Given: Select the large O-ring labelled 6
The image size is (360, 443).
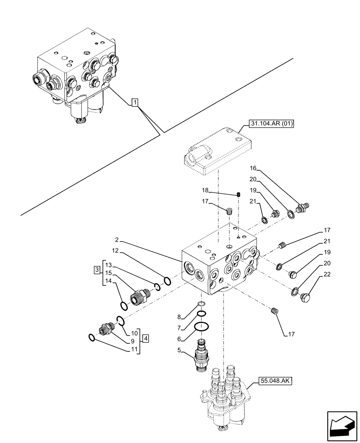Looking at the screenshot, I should (202, 327).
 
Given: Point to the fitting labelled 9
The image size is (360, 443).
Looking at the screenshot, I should (107, 329).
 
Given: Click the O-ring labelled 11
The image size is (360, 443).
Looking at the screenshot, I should (91, 338).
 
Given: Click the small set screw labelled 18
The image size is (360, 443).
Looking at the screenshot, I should (239, 194).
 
